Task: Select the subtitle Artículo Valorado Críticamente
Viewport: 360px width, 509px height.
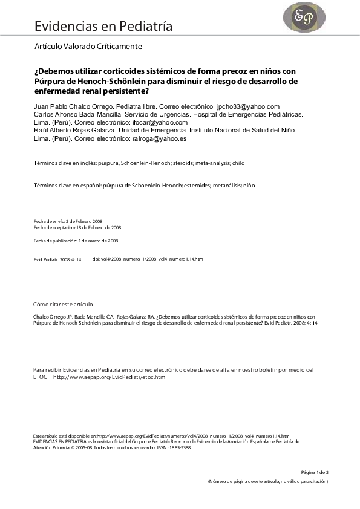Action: [90, 46]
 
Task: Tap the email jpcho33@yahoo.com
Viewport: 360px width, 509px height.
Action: [248, 106]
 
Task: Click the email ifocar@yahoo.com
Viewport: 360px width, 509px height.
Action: [160, 122]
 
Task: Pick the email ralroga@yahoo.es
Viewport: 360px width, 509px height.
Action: [159, 138]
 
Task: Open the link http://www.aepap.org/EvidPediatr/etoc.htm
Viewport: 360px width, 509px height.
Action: [110, 377]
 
